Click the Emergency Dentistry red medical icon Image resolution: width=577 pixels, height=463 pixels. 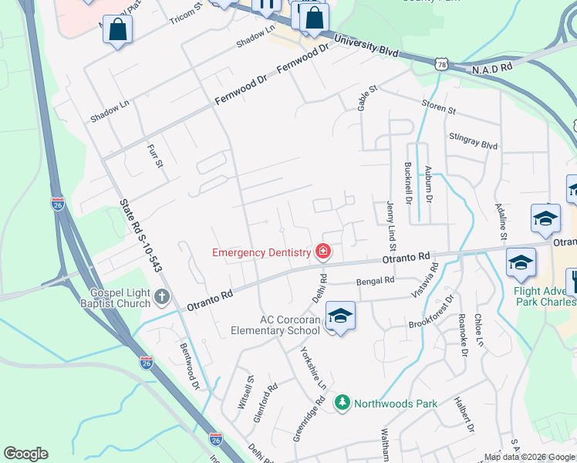point(322,252)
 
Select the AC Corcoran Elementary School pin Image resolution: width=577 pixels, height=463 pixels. point(339,316)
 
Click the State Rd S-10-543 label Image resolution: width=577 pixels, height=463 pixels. point(140,235)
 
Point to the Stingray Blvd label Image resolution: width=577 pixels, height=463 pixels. point(473,140)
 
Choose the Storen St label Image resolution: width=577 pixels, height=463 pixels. point(439,106)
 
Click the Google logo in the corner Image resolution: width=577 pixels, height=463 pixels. point(25,454)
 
